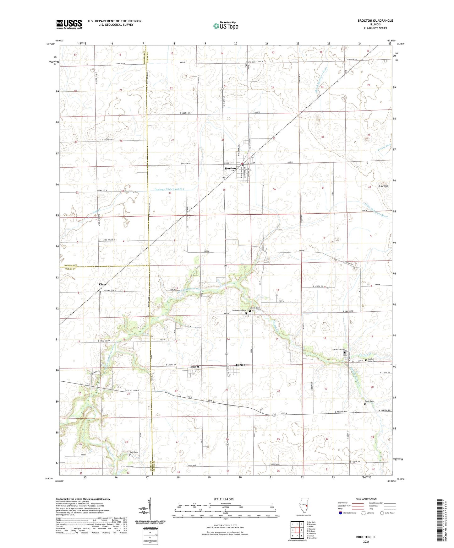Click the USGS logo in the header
(69, 24)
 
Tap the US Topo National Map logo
(225, 26)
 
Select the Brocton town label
(230, 169)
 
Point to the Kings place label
(102, 284)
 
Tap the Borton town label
(240, 365)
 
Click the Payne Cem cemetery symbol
(246, 65)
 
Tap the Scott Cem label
(369, 401)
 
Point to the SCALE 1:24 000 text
(223, 499)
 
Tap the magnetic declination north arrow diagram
(150, 509)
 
